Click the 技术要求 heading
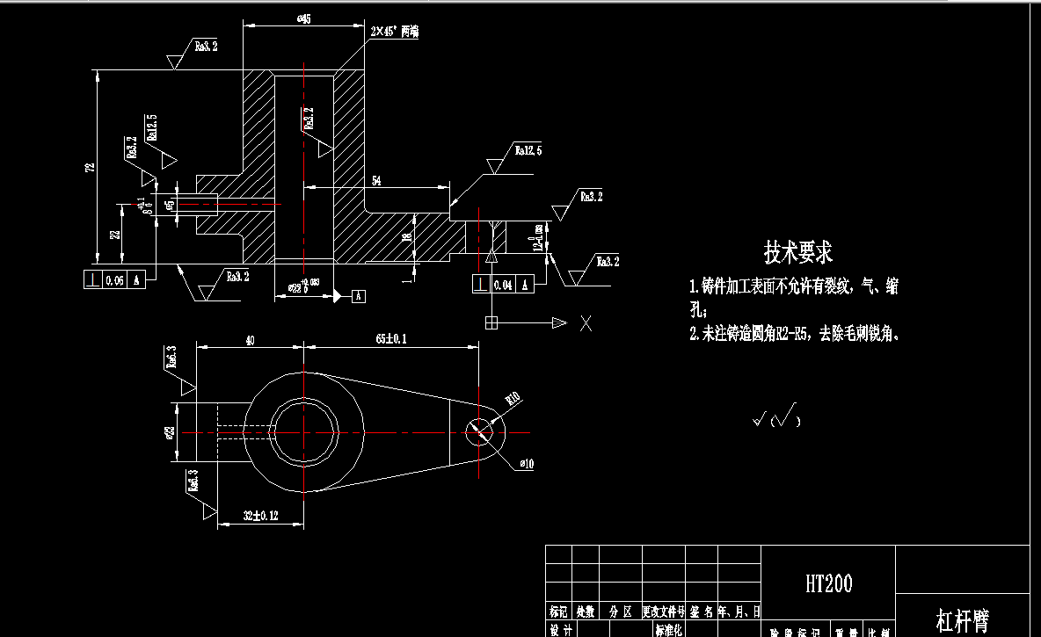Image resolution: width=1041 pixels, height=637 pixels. [x=797, y=253]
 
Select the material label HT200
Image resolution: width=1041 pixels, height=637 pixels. [x=828, y=583]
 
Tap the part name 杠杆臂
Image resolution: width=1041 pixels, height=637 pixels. [x=963, y=622]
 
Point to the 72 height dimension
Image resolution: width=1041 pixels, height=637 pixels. [x=90, y=167]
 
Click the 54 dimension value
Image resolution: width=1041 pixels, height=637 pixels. [x=376, y=180]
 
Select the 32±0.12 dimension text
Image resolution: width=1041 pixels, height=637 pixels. [x=260, y=516]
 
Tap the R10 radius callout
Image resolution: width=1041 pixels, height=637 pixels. [x=513, y=397]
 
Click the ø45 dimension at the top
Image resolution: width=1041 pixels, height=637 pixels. [x=304, y=18]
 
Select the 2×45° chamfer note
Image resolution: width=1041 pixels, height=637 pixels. [x=395, y=32]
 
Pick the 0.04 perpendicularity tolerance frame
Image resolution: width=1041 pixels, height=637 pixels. [x=503, y=285]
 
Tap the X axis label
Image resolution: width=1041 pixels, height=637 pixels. [x=586, y=323]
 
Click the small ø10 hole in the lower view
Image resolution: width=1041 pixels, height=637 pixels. [x=478, y=431]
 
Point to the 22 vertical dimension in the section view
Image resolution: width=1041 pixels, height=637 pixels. [x=115, y=234]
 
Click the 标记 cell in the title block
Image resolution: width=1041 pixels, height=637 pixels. [x=558, y=611]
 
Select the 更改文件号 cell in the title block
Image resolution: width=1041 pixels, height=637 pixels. [x=664, y=611]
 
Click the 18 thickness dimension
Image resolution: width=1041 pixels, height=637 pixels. [x=406, y=237]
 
